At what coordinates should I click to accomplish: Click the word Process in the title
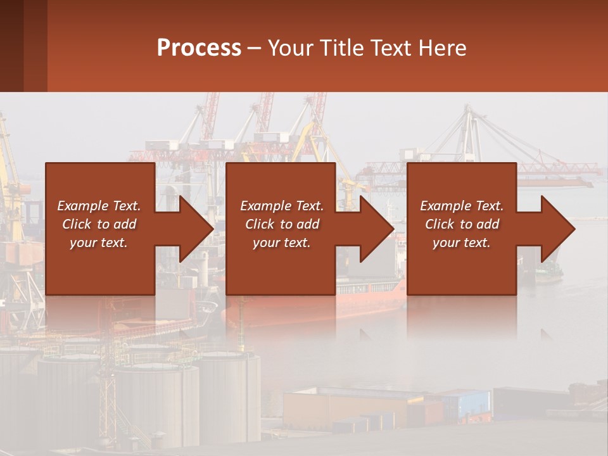199,48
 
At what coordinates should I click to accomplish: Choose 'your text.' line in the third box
461,243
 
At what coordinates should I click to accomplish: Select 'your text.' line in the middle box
281,243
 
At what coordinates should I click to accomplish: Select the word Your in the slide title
289,48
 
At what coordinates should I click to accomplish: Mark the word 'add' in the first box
125,224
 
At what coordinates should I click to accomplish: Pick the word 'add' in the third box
488,224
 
